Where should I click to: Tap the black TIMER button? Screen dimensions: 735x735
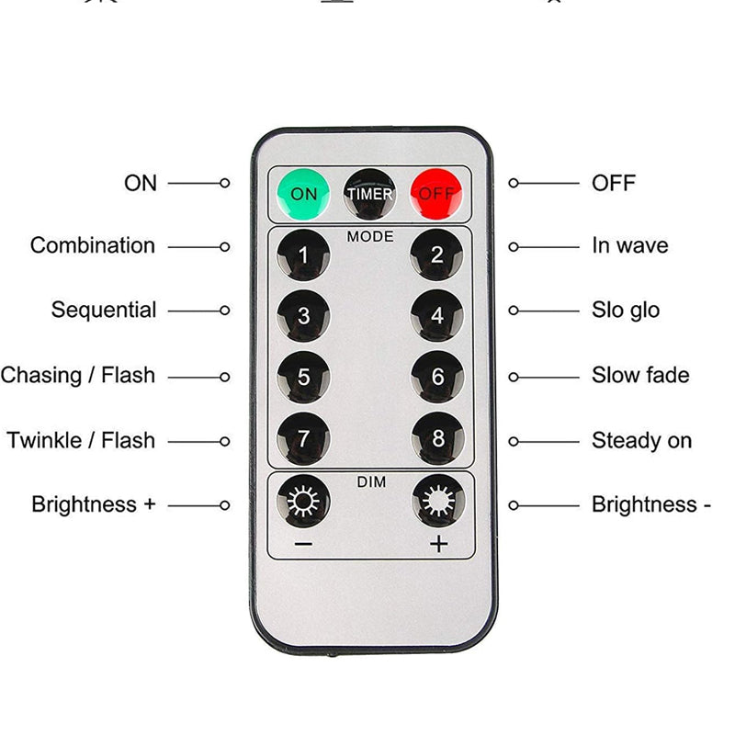(369, 194)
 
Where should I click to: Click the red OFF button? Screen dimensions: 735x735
(435, 194)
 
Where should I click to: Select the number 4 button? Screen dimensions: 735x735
(437, 315)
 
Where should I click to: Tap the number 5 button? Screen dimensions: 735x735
(303, 377)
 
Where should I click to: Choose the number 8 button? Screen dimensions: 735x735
(438, 438)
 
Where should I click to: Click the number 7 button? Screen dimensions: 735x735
(303, 439)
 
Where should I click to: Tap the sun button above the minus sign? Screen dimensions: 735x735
(303, 501)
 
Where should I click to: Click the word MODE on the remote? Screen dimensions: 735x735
(370, 236)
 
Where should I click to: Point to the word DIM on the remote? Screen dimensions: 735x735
(371, 481)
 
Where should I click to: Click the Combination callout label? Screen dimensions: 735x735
(93, 245)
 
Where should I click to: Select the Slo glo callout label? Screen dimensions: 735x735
(626, 311)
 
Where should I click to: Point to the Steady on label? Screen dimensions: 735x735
(641, 441)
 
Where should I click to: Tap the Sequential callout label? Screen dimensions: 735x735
(104, 311)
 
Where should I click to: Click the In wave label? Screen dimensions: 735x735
(630, 245)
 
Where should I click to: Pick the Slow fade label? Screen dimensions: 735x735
(640, 375)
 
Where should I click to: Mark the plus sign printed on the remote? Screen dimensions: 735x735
(439, 544)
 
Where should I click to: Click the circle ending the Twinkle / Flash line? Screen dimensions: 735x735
(224, 442)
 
